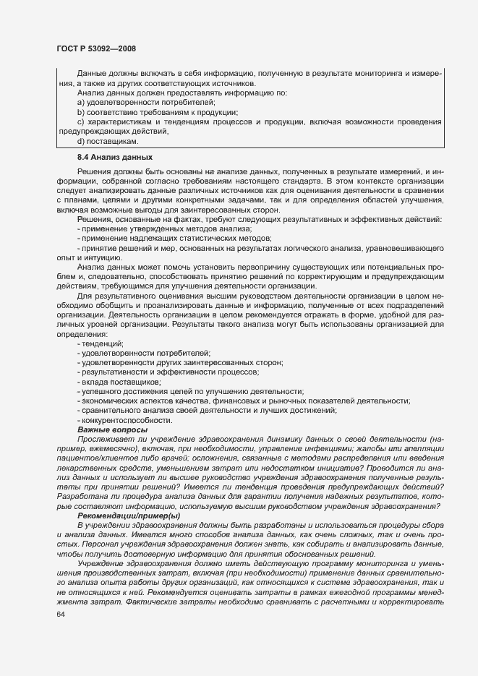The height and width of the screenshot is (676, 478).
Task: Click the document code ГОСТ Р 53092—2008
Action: click(x=95, y=48)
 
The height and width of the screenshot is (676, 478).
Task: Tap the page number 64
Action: click(x=61, y=615)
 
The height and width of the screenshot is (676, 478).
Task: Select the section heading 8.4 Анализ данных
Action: click(x=114, y=157)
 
